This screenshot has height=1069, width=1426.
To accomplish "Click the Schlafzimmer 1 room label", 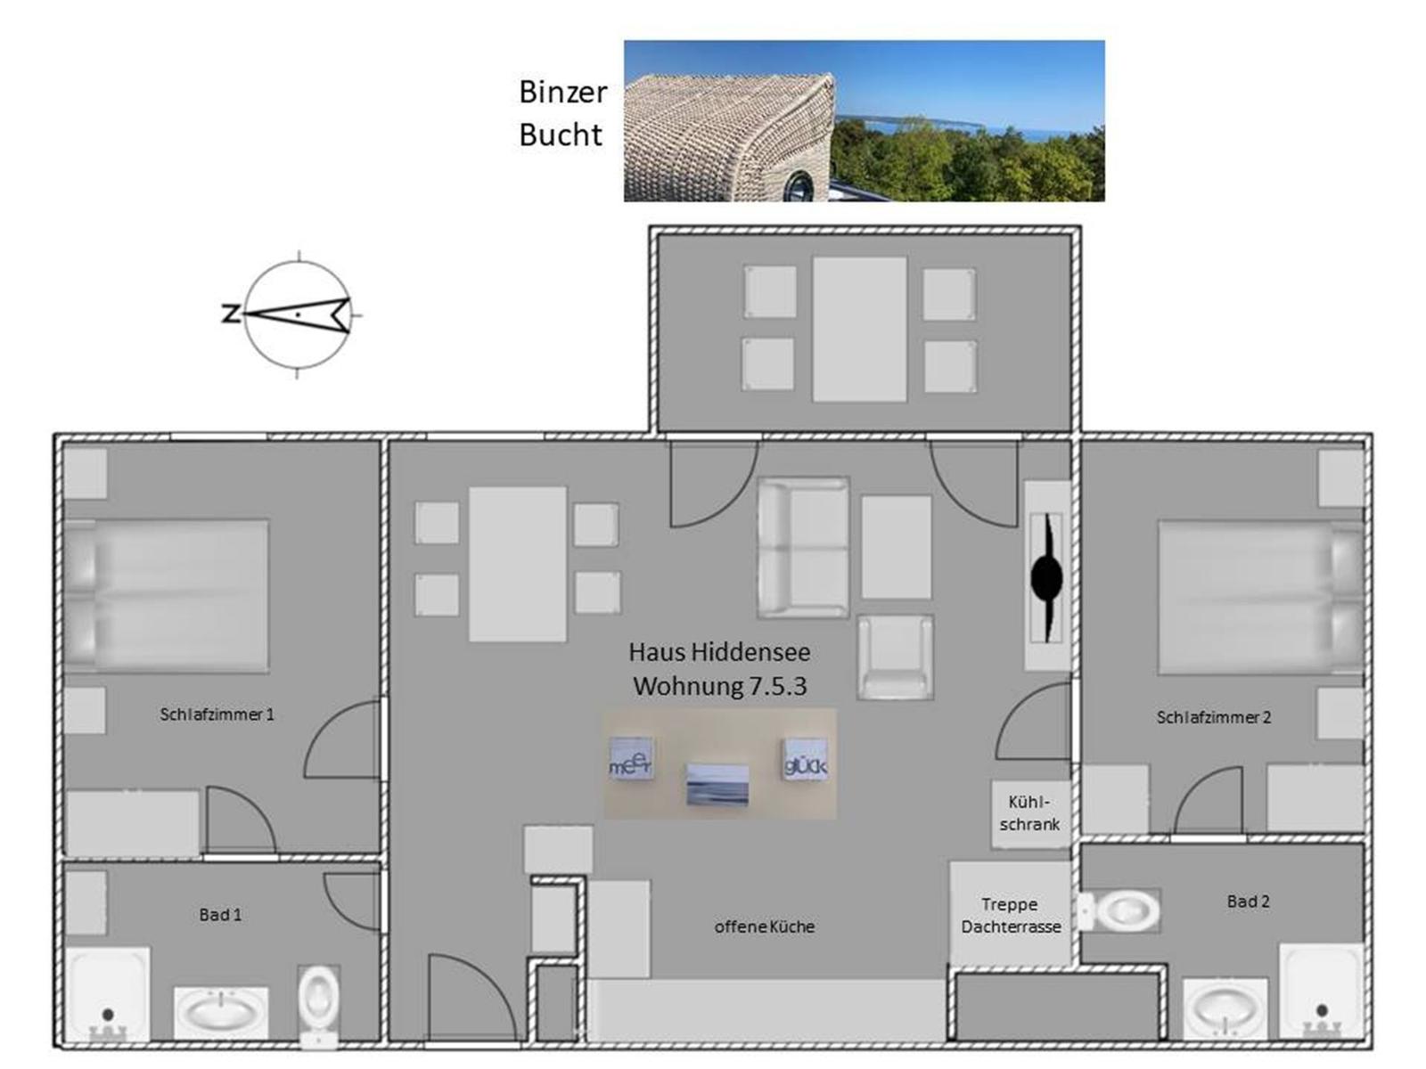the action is pyautogui.click(x=217, y=714).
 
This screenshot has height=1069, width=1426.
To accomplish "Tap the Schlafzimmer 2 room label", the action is pyautogui.click(x=1213, y=717).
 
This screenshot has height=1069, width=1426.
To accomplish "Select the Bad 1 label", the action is pyautogui.click(x=220, y=915).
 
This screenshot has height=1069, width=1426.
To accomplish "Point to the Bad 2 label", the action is pyautogui.click(x=1248, y=902).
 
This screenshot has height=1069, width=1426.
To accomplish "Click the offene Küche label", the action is pyautogui.click(x=764, y=926).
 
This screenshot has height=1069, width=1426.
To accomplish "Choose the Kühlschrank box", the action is pyautogui.click(x=1030, y=813).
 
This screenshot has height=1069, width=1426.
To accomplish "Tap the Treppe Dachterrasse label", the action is pyautogui.click(x=1010, y=915).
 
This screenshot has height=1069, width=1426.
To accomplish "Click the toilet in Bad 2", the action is pyautogui.click(x=1119, y=911).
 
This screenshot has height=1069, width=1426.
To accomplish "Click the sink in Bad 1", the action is pyautogui.click(x=221, y=1014).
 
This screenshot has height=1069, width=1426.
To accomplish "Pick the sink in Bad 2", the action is pyautogui.click(x=1225, y=1010).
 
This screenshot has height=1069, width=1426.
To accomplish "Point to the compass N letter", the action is pyautogui.click(x=230, y=314).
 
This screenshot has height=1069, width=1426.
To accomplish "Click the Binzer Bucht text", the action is pyautogui.click(x=562, y=114).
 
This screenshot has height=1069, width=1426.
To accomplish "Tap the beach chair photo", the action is pyautogui.click(x=864, y=121).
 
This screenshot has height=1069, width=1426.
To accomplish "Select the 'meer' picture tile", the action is pyautogui.click(x=630, y=759).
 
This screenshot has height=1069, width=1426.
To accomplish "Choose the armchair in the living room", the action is pyautogui.click(x=895, y=657).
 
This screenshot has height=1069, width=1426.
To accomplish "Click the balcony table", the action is pyautogui.click(x=859, y=329).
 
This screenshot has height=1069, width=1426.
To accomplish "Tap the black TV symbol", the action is pyautogui.click(x=1046, y=577).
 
